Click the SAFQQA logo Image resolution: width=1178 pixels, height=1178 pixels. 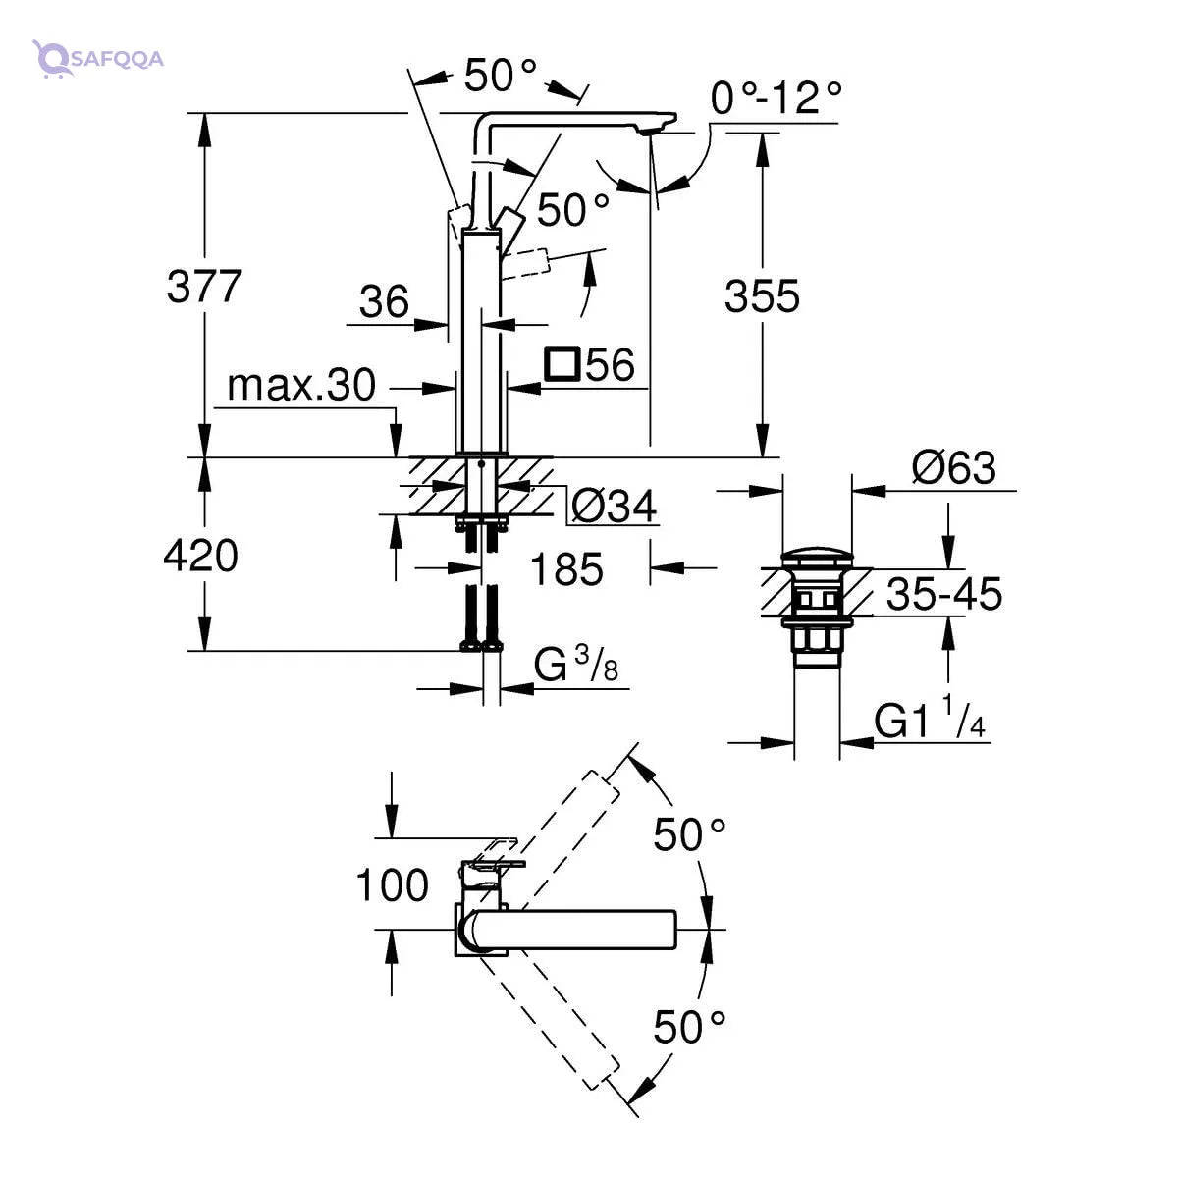pyautogui.click(x=97, y=58)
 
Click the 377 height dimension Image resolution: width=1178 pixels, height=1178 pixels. pyautogui.click(x=203, y=287)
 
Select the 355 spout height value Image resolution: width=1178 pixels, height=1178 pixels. pyautogui.click(x=762, y=295)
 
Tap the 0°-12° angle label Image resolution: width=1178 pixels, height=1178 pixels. pyautogui.click(x=776, y=98)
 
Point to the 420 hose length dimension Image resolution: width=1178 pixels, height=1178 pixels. pyautogui.click(x=200, y=557)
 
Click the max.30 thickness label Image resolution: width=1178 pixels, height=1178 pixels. pyautogui.click(x=300, y=386)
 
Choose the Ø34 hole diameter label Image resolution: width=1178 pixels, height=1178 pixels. pyautogui.click(x=614, y=507)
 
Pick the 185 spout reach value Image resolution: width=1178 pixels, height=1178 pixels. pyautogui.click(x=566, y=568)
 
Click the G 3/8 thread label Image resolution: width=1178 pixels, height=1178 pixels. pyautogui.click(x=577, y=667)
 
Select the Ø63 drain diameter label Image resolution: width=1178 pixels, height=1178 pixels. pyautogui.click(x=953, y=468)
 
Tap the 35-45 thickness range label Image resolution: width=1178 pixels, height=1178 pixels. pyautogui.click(x=943, y=594)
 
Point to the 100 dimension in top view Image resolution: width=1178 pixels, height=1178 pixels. pyautogui.click(x=392, y=885)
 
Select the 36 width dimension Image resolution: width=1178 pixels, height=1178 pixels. pyautogui.click(x=384, y=301)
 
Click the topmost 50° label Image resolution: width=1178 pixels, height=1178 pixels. pyautogui.click(x=501, y=76)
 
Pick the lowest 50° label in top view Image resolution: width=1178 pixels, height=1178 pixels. pyautogui.click(x=690, y=1028)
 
